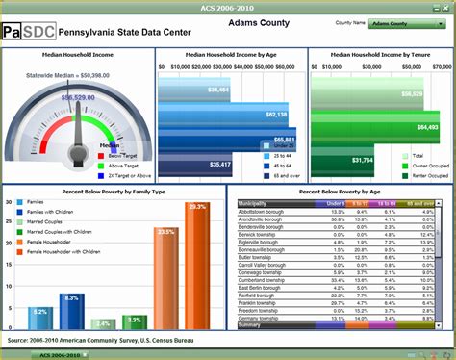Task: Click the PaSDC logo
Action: pos(28,31)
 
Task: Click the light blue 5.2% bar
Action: pos(39,320)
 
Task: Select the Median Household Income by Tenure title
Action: pos(381,55)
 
